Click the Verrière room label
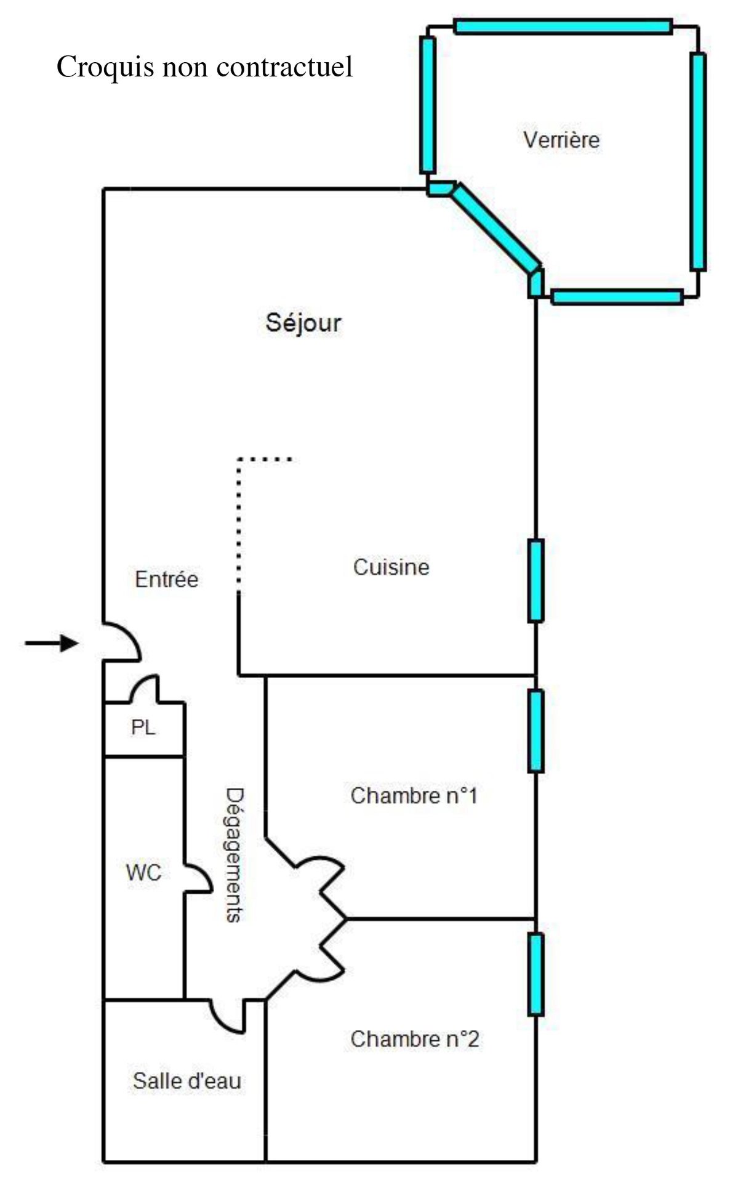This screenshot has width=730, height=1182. pyautogui.click(x=561, y=140)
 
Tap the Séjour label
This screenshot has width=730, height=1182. pyautogui.click(x=303, y=323)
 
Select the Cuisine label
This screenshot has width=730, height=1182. pyautogui.click(x=391, y=567)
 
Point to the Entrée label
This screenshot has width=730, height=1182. pyautogui.click(x=166, y=580)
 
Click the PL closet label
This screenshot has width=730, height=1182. pyautogui.click(x=143, y=728)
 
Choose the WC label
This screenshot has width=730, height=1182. pyautogui.click(x=143, y=872)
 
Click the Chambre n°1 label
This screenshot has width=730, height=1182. pyautogui.click(x=414, y=795)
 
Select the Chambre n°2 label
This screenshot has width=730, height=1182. pyautogui.click(x=414, y=1039)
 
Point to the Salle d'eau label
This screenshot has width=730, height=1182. pyautogui.click(x=187, y=1081)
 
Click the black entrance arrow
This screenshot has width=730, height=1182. pyautogui.click(x=52, y=644)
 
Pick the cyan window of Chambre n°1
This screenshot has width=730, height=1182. pyautogui.click(x=535, y=731)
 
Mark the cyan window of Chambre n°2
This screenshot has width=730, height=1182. pyautogui.click(x=535, y=974)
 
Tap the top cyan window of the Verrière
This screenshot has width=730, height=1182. pyautogui.click(x=562, y=26)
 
